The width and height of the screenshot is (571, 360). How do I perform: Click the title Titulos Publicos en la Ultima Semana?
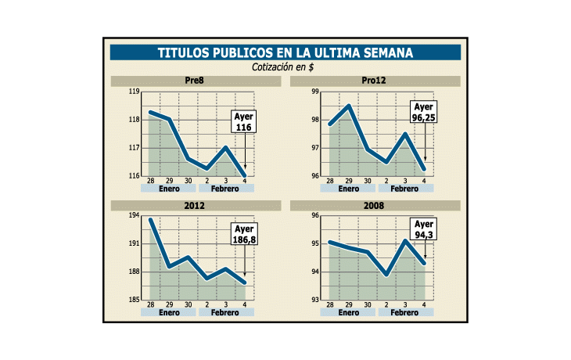(285, 52)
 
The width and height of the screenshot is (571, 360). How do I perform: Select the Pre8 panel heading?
(196, 81)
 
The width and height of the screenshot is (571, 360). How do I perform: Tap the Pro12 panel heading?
(375, 81)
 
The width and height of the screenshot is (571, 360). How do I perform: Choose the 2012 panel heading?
(196, 206)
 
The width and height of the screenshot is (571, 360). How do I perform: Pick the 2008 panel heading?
(375, 206)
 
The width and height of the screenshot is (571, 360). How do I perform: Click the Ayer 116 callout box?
(244, 122)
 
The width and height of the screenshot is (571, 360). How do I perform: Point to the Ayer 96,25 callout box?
(423, 113)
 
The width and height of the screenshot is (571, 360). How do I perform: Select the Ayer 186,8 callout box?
(244, 234)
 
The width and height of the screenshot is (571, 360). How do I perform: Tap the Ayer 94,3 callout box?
(424, 229)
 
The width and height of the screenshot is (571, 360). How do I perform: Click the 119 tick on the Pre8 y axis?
(134, 92)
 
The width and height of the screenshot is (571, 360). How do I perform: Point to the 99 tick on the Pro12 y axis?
(315, 92)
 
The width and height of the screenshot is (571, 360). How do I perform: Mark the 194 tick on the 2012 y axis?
(134, 216)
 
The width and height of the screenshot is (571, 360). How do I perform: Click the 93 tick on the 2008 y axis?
(315, 300)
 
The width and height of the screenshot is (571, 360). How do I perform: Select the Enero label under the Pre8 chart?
(169, 189)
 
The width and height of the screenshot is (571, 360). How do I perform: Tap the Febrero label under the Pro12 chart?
(404, 189)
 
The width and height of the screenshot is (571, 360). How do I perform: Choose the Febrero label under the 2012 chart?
(225, 312)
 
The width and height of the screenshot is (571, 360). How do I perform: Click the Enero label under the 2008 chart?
(348, 312)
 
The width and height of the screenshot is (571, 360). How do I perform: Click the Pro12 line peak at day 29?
(349, 106)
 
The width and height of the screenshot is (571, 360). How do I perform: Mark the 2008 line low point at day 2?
(386, 275)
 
